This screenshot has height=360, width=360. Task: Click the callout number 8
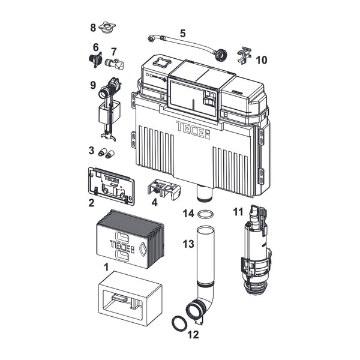[x=93, y=28]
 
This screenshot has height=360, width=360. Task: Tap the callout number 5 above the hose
[x=182, y=34]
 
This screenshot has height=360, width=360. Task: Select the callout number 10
[x=262, y=60]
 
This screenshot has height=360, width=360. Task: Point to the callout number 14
[x=188, y=214]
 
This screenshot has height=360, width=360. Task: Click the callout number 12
[x=193, y=335]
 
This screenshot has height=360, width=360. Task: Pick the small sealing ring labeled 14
[x=205, y=214]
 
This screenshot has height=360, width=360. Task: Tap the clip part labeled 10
[x=244, y=55]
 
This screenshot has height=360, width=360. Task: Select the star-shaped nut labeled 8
[x=107, y=28]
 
